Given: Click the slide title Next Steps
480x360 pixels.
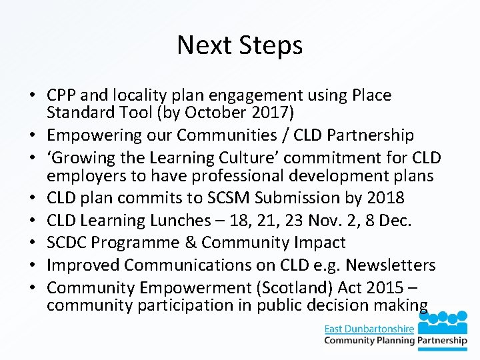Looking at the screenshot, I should click(x=240, y=45).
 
